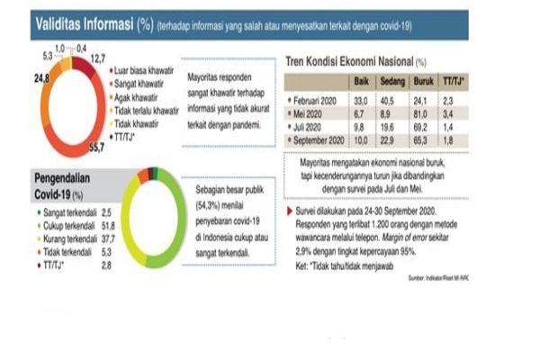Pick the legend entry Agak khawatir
135,94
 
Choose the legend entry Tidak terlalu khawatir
146,107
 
